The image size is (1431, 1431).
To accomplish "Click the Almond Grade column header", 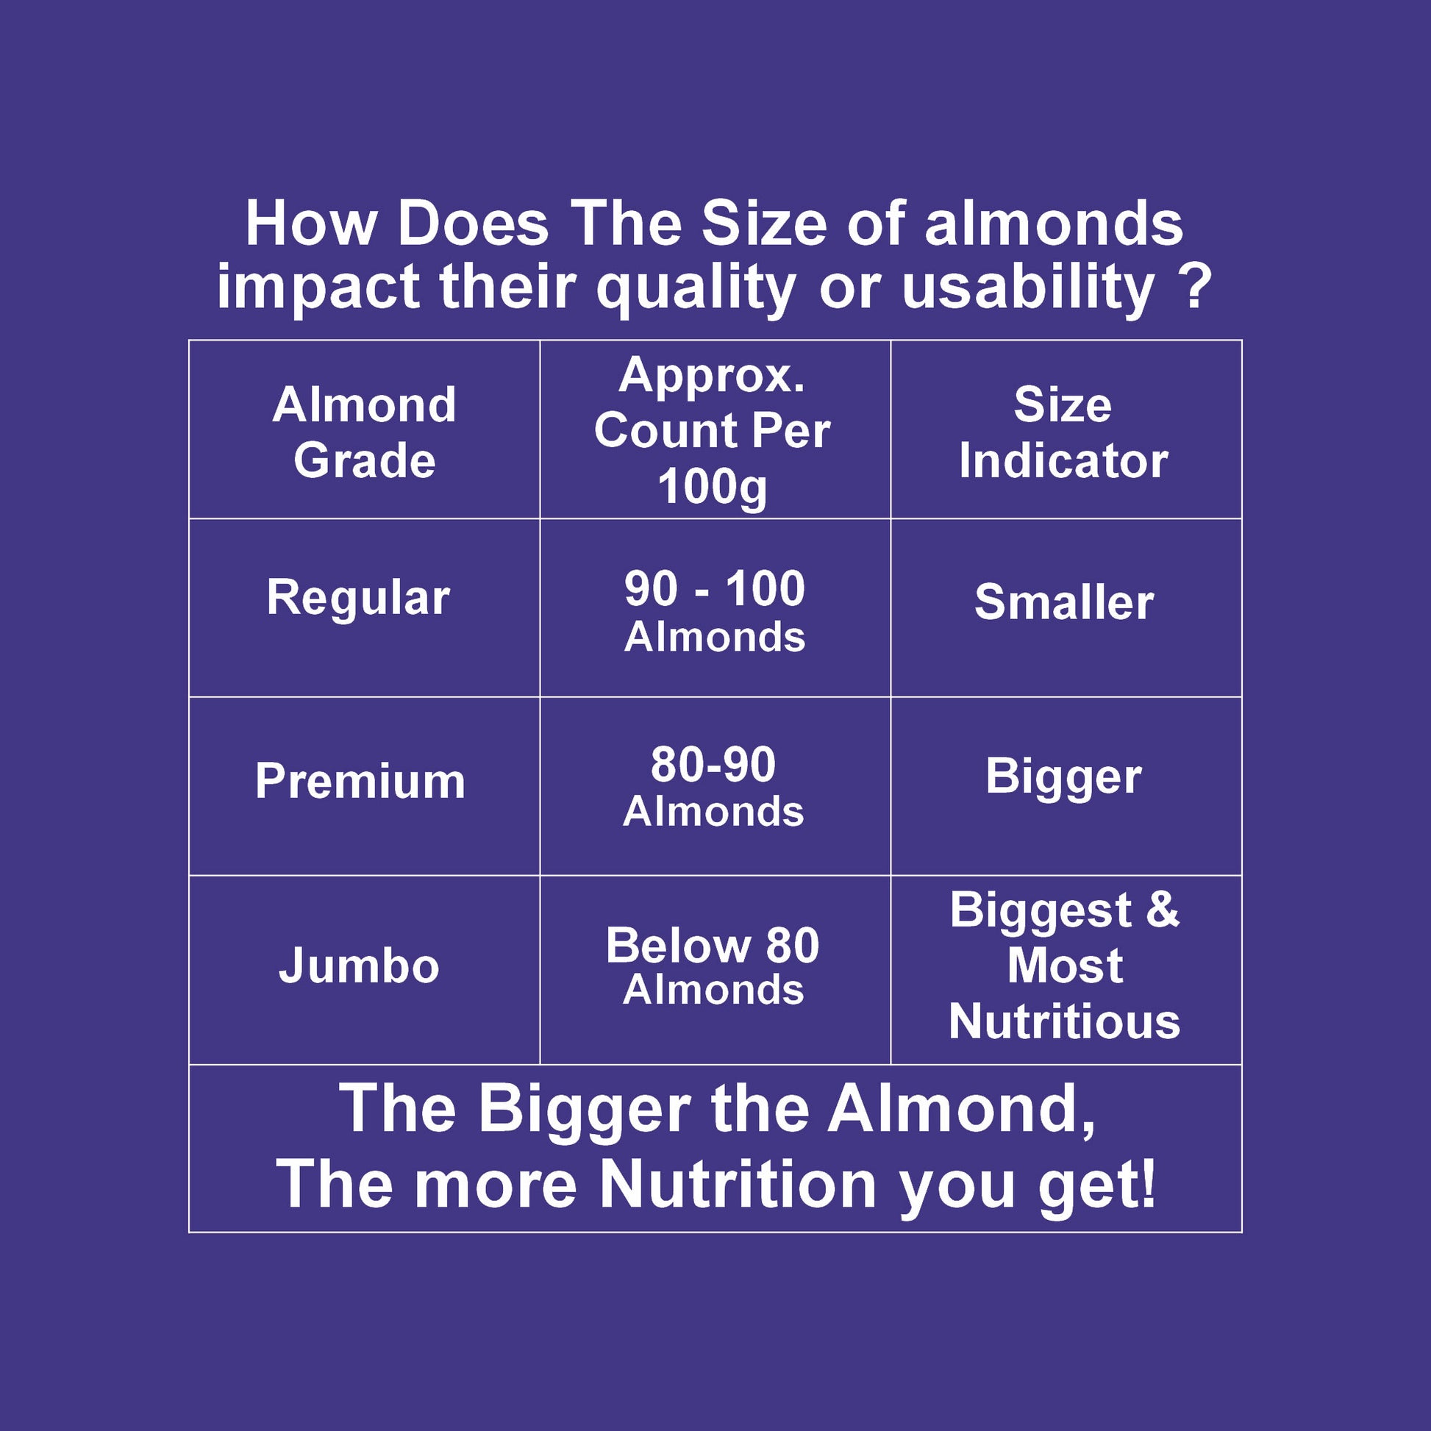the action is click(365, 432).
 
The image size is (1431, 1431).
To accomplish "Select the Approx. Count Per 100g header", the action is click(713, 431).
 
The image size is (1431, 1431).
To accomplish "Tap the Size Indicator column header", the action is click(1063, 432).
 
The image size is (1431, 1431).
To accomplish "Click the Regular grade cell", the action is click(359, 599).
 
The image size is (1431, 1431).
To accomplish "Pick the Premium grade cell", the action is click(361, 781).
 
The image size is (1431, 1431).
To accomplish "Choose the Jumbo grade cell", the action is click(360, 966).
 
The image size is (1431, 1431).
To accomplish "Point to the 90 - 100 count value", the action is click(715, 589).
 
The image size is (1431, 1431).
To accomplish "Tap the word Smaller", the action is click(1064, 602).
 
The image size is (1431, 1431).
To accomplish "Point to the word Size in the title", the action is click(763, 223).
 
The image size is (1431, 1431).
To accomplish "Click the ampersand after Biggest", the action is click(1163, 909).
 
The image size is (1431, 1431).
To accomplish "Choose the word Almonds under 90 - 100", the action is click(715, 637).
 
